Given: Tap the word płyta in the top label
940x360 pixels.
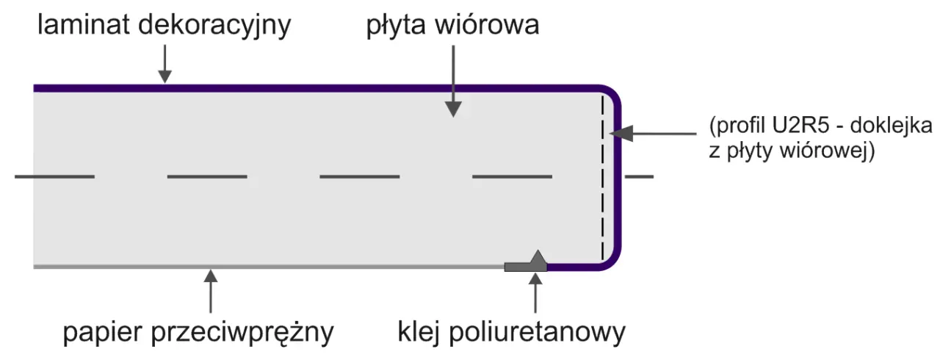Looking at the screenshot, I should (397, 26).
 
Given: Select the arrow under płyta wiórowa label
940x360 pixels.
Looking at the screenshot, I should (454, 81).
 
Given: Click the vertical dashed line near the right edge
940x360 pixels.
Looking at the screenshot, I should (603, 176).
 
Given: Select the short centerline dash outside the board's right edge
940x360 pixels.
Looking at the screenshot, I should (638, 176).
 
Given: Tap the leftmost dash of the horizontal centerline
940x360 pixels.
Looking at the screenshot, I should (54, 176).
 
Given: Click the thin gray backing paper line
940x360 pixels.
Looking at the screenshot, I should (264, 267).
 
